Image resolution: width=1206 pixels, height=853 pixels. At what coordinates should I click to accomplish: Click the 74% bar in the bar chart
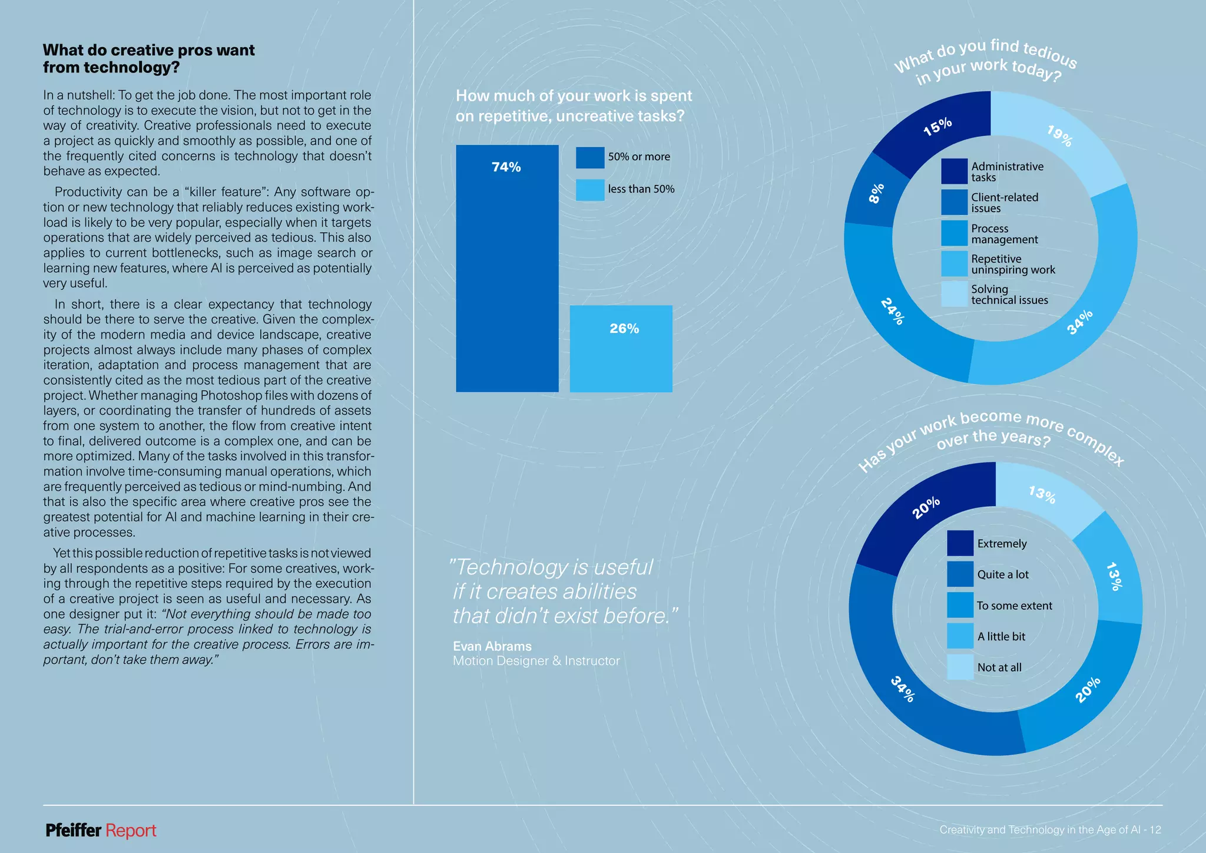[x=507, y=269]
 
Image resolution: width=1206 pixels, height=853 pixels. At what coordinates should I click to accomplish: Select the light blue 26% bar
[x=621, y=349]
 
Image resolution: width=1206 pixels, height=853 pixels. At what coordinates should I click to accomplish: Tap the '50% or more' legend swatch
[x=590, y=157]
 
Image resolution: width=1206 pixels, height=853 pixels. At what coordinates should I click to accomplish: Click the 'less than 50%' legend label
[x=641, y=189]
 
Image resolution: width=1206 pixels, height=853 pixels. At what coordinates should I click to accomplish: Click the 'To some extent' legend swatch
[x=960, y=605]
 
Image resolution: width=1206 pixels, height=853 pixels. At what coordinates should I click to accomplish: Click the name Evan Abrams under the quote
[x=492, y=646]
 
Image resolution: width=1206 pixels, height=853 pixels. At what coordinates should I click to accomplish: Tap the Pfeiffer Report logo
[x=101, y=831]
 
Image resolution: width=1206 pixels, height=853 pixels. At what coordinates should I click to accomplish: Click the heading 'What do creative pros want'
[x=148, y=50]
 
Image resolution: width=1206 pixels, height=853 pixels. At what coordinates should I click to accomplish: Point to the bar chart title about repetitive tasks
[x=574, y=105]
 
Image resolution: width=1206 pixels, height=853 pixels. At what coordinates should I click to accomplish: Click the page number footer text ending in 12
[x=1050, y=830]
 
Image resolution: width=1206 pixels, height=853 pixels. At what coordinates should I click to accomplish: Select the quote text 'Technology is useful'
[x=554, y=567]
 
